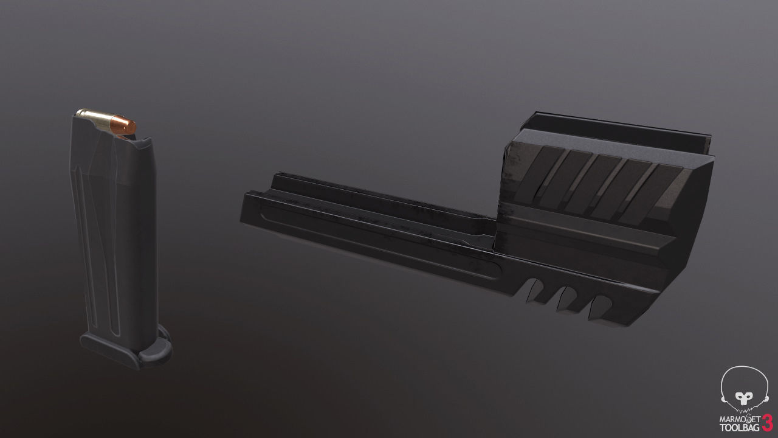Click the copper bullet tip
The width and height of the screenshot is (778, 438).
click(x=123, y=124)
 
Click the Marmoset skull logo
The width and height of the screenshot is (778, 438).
click(x=742, y=387)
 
